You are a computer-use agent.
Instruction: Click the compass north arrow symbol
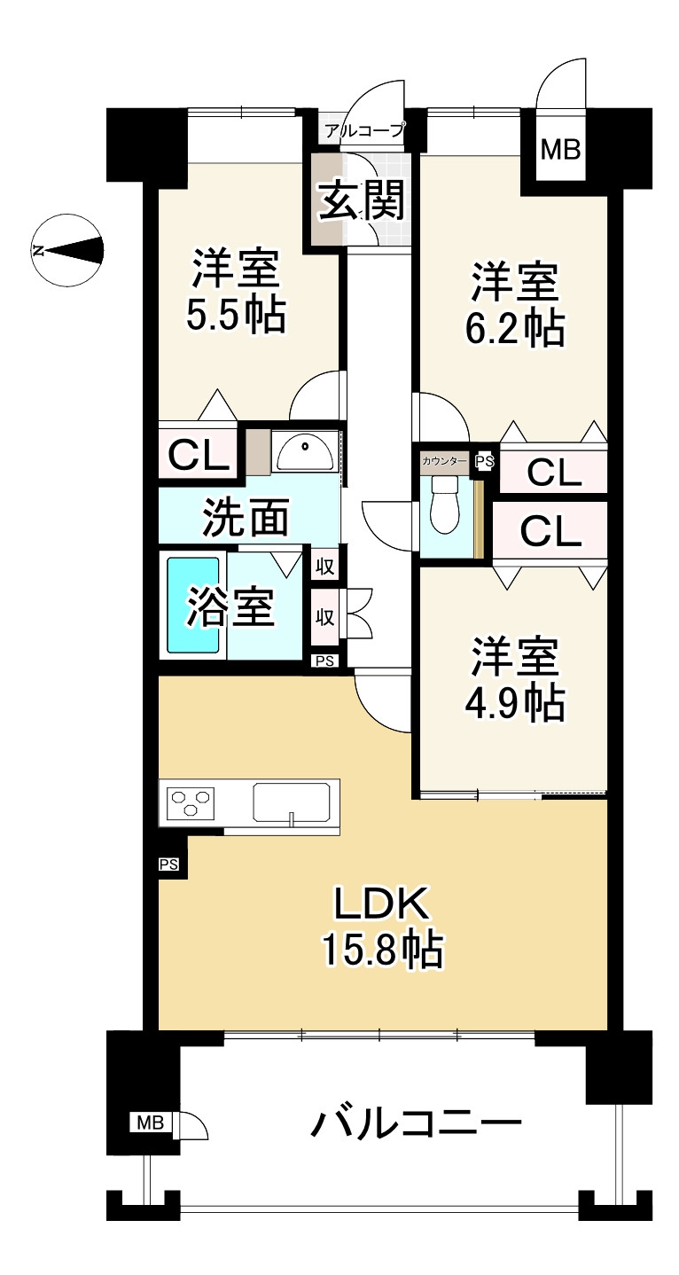point(67,250)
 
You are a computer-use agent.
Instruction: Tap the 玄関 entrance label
point(361,200)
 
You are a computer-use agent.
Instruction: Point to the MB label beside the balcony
point(150,1123)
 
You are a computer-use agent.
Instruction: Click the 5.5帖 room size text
point(236,315)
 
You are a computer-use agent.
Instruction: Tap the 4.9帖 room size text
point(513,702)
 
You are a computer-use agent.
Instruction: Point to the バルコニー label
point(415,1125)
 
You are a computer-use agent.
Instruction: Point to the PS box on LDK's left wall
point(169,864)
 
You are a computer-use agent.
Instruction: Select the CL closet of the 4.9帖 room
point(550,531)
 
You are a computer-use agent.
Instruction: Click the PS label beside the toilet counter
point(485,461)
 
